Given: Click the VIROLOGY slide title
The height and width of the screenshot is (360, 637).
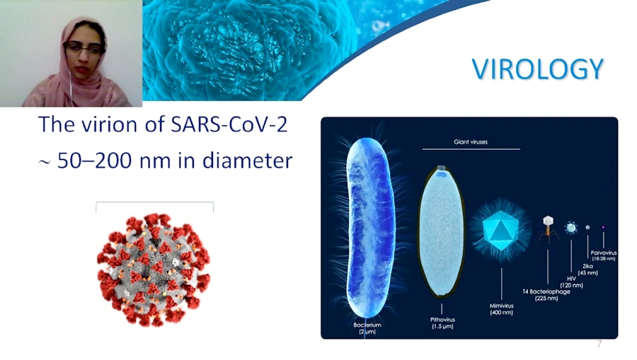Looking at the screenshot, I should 537,69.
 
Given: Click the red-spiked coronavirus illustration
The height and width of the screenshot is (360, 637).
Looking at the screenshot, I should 154,269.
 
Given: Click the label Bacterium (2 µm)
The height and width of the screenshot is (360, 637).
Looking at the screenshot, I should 367,328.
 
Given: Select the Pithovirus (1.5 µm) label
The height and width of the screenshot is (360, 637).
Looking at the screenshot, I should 442,323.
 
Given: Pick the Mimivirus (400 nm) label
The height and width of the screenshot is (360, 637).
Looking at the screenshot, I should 502,308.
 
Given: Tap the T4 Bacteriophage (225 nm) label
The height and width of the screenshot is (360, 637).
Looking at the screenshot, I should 546,295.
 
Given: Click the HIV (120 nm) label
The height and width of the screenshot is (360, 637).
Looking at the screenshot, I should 571,281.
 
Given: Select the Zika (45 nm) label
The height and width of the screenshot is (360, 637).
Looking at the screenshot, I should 587,269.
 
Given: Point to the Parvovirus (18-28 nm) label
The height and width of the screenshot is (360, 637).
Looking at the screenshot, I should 603,255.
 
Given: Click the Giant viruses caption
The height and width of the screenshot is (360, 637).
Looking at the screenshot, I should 471,142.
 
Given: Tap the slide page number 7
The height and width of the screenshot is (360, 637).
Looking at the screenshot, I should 599,344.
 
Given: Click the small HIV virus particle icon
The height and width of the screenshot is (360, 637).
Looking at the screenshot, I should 570,228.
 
